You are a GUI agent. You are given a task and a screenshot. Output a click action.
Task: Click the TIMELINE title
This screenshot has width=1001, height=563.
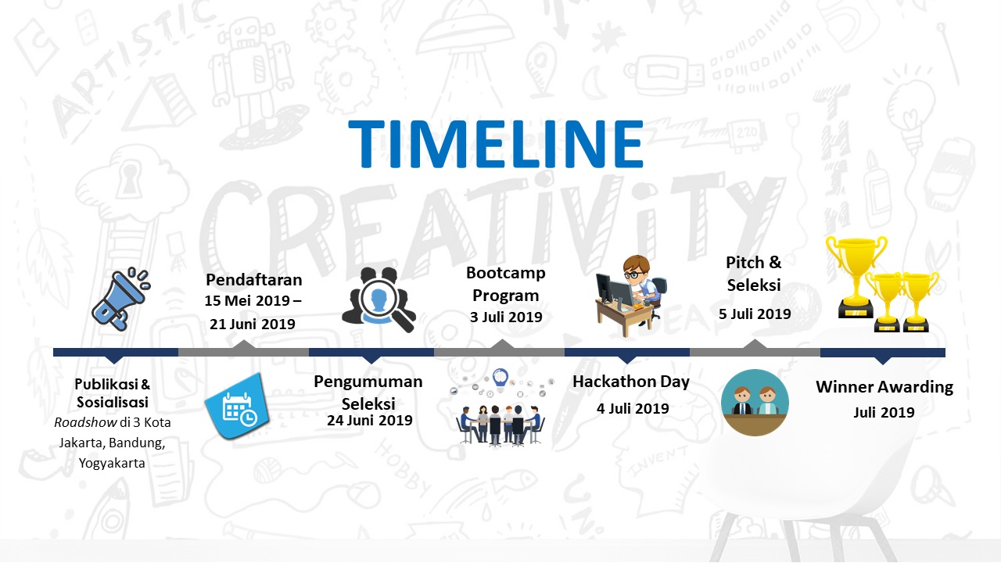coord(496,144)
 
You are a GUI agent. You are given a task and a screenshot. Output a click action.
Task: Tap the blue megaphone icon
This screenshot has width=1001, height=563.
coord(120,298)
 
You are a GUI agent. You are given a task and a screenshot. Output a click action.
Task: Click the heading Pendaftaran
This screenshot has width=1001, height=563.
coord(253,280)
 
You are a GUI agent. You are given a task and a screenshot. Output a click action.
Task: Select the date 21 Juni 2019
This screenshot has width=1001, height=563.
coord(253,323)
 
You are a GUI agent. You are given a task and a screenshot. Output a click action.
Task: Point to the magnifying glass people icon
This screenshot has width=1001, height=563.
coord(378,299)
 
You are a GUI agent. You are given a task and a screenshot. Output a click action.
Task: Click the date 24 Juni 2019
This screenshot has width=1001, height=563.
coord(369,421)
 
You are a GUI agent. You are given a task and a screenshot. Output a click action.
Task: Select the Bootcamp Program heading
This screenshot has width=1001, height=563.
coord(505,284)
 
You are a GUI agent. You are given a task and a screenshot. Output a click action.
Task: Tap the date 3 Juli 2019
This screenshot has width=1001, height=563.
coord(506,317)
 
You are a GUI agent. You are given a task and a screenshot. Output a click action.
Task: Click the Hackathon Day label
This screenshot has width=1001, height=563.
coord(630,382)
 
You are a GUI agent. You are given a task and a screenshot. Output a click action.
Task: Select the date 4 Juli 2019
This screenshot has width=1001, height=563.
coord(633,407)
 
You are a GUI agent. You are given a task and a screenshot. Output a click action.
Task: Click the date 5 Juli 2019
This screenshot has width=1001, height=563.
coord(755,314)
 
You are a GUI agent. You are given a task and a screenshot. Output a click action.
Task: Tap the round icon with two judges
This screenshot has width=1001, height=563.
coord(754,402)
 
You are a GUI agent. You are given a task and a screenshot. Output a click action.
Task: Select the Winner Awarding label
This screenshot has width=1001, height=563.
coord(884,386)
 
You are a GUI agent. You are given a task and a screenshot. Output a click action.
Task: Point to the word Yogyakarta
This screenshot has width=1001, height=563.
coord(112,463)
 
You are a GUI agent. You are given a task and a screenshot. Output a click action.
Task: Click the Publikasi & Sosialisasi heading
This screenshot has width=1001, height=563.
coord(113,393)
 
